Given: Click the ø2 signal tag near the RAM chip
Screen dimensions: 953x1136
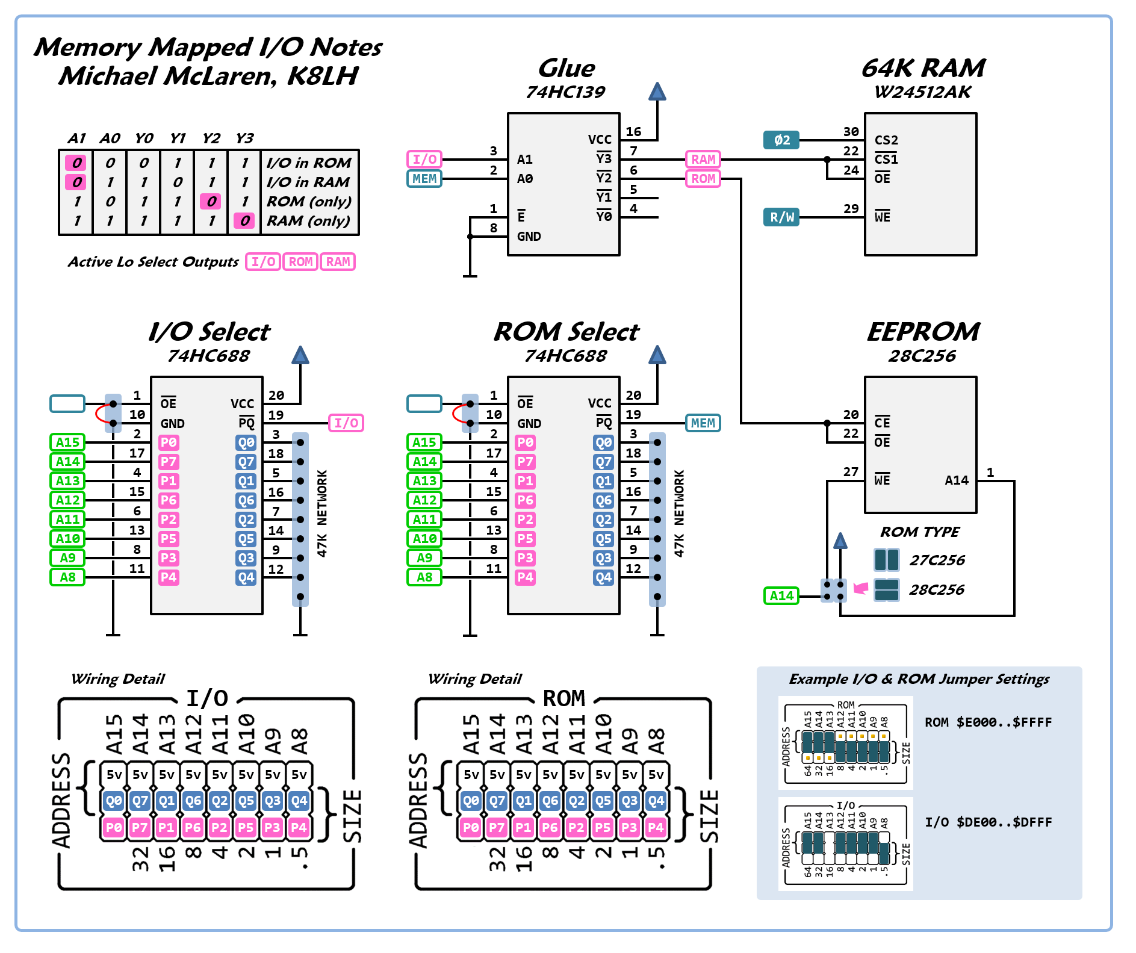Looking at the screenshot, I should [x=781, y=140].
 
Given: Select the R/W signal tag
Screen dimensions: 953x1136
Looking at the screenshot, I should [x=781, y=217].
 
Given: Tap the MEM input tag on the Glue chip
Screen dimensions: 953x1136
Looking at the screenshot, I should [x=424, y=179].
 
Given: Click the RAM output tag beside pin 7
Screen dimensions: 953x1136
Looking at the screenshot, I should [x=703, y=160].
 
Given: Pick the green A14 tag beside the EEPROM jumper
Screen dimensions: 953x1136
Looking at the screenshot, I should [x=781, y=596].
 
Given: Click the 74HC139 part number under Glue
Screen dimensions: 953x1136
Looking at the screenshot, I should [x=565, y=92].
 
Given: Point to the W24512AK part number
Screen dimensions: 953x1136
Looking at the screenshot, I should [x=922, y=92].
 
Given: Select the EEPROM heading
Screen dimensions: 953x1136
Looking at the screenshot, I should [x=923, y=332].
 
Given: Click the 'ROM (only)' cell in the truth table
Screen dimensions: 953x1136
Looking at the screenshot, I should [x=309, y=202].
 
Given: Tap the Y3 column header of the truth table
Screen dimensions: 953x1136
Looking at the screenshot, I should [x=244, y=138].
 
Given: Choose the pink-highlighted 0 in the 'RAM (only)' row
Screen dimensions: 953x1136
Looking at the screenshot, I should [x=244, y=221].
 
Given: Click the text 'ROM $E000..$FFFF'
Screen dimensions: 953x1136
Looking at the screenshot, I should [x=988, y=722].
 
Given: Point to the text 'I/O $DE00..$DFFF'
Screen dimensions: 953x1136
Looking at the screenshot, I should [x=988, y=822].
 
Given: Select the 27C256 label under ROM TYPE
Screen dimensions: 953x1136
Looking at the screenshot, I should [x=937, y=560].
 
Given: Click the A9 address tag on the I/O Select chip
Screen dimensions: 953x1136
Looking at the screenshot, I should [x=67, y=558].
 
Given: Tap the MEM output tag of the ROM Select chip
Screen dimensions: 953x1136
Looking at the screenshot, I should [x=703, y=423].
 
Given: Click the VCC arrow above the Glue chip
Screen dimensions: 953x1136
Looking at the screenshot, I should [x=657, y=92].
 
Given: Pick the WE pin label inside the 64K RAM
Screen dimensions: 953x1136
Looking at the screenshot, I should [x=882, y=217].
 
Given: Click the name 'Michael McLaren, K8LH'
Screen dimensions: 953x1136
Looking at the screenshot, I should [x=208, y=76].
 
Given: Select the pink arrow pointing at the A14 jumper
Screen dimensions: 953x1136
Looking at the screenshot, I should [x=861, y=588].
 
